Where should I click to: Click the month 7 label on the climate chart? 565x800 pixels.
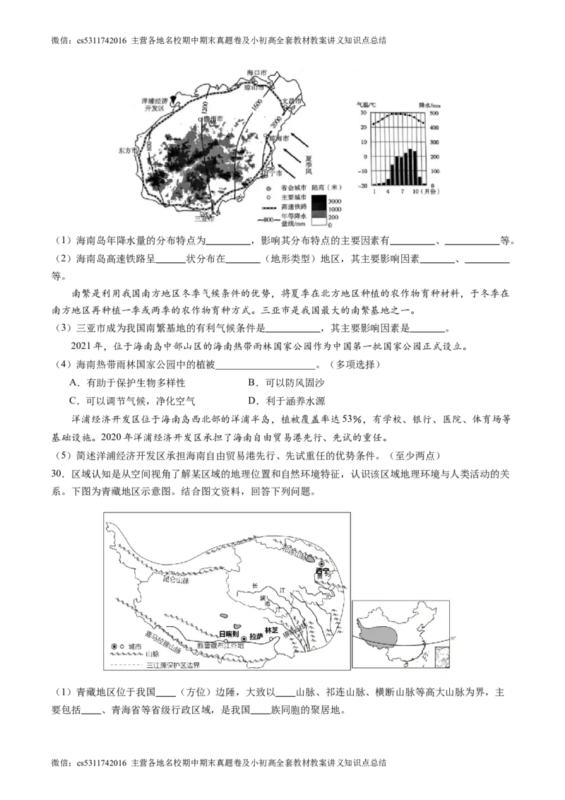403,192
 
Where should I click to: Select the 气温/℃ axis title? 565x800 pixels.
367,104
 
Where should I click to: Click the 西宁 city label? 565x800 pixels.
323,570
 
